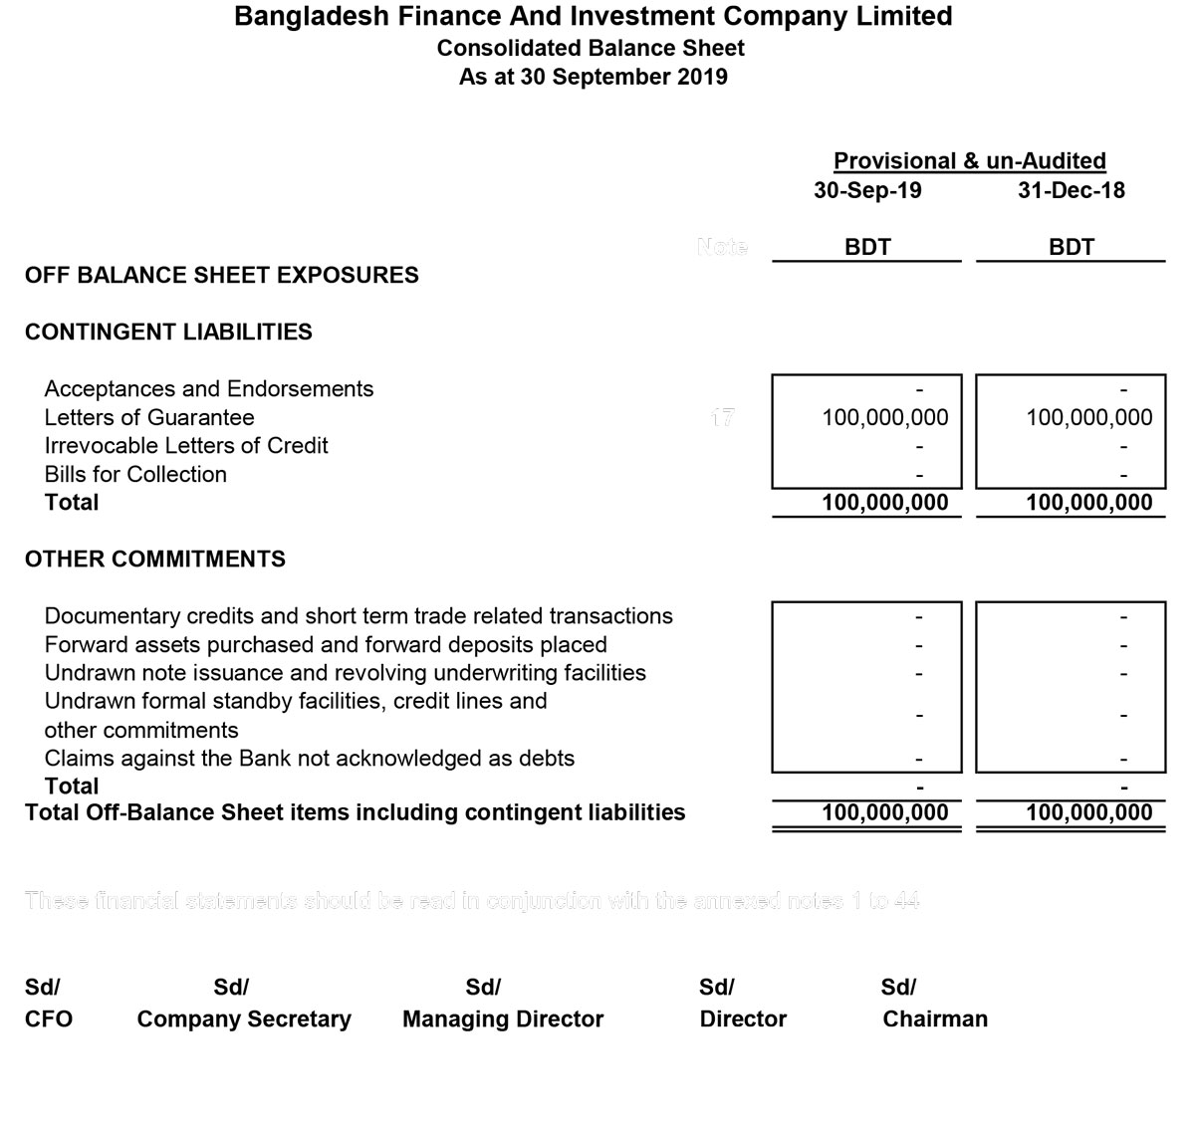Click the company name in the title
tap(593, 17)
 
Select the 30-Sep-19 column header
tap(867, 190)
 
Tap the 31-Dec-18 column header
tap(1071, 190)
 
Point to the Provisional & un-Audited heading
tap(969, 161)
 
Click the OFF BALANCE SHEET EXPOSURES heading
tap(221, 276)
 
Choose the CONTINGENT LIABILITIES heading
tap(168, 333)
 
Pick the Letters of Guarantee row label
tap(149, 418)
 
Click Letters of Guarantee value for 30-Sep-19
tap(884, 418)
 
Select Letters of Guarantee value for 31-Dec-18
tap(1088, 418)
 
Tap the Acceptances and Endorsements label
tap(209, 389)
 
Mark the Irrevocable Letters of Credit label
tap(186, 446)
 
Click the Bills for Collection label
tap(135, 475)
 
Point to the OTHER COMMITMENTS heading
tap(154, 560)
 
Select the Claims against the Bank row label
tap(310, 759)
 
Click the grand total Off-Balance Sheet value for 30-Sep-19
tap(884, 812)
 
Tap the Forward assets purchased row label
tap(326, 645)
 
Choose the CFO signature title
tap(49, 1019)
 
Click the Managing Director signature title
tap(503, 1019)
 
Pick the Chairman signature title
tap(935, 1019)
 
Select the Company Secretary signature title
tap(244, 1019)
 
